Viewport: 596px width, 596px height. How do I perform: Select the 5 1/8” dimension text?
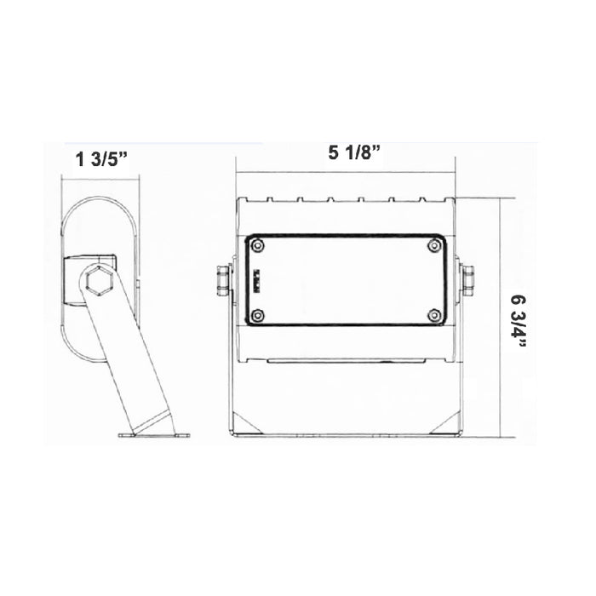tap(353, 153)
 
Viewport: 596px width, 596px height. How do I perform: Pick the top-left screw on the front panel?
tap(258, 246)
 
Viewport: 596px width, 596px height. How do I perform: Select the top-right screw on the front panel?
tap(435, 246)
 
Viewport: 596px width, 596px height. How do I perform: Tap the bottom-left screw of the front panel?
tap(258, 316)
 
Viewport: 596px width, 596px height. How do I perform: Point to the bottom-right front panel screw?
tap(435, 316)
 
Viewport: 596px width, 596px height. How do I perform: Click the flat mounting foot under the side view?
tap(154, 435)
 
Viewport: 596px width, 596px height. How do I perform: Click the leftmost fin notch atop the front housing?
tap(270, 201)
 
